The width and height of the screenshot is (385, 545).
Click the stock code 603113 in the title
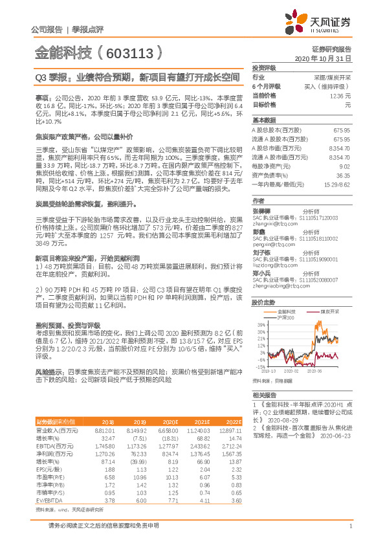[133, 51]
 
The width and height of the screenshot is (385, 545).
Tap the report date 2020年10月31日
[327, 58]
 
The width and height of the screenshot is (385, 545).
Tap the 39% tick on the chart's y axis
[260, 325]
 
